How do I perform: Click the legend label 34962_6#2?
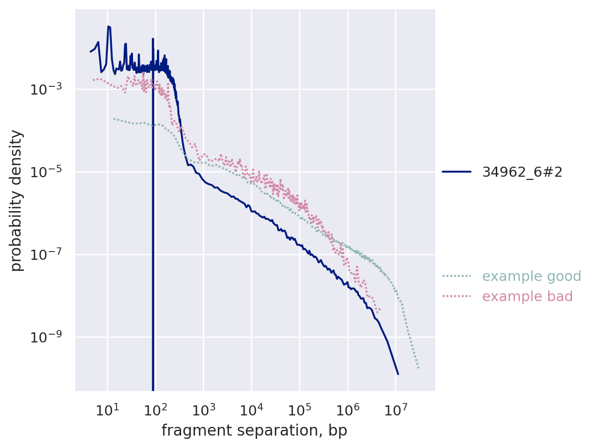coord(522,172)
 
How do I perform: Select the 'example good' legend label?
coord(525,276)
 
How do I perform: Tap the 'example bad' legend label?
coord(527,297)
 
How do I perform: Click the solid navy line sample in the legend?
coord(457,172)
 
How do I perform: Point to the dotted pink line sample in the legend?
coord(457,297)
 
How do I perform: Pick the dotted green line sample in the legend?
coord(457,276)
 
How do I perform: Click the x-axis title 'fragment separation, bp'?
coord(255,431)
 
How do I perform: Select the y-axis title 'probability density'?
coord(17,200)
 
